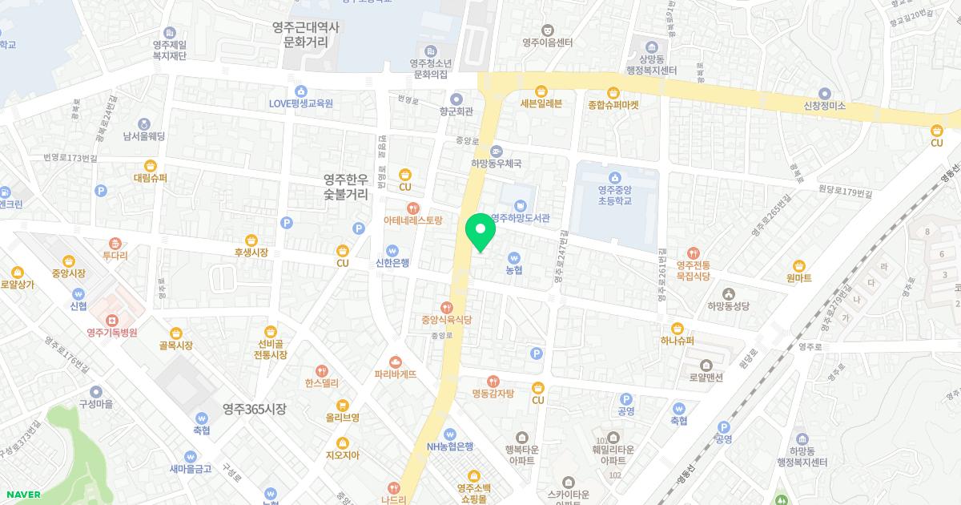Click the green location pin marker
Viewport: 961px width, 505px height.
480,232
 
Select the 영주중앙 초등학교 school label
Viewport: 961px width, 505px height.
614,196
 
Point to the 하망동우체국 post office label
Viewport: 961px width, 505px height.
496,163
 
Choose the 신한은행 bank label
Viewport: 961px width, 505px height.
392,263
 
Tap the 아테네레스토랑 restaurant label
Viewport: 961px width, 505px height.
412,219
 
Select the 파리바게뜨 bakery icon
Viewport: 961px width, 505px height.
396,362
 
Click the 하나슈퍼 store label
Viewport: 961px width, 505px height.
678,340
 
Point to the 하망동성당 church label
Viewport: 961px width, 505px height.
728,306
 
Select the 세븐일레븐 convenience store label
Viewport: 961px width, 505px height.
541,103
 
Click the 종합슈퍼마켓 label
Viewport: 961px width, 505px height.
613,104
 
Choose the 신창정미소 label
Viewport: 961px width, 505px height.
825,106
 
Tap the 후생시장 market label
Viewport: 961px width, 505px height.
251,252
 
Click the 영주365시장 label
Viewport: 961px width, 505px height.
254,409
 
